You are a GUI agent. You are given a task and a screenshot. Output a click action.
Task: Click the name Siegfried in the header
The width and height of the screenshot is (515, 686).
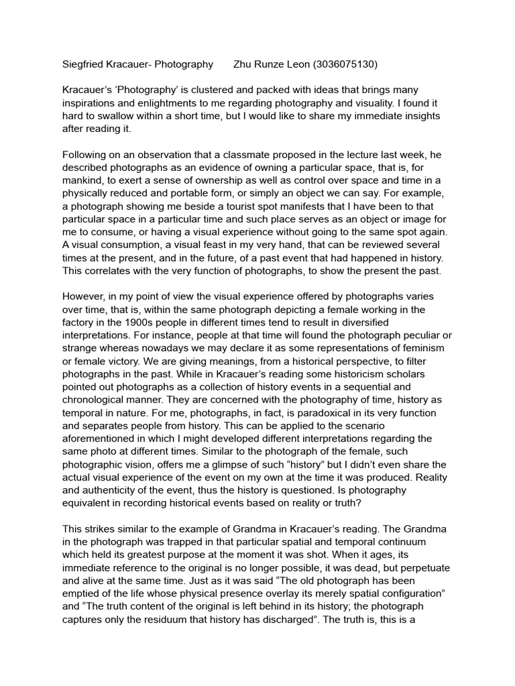pyautogui.click(x=84, y=65)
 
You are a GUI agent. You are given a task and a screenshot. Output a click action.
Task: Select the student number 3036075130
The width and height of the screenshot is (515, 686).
pyautogui.click(x=345, y=65)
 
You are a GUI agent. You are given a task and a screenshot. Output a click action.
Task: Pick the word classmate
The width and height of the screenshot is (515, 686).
pyautogui.click(x=240, y=155)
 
